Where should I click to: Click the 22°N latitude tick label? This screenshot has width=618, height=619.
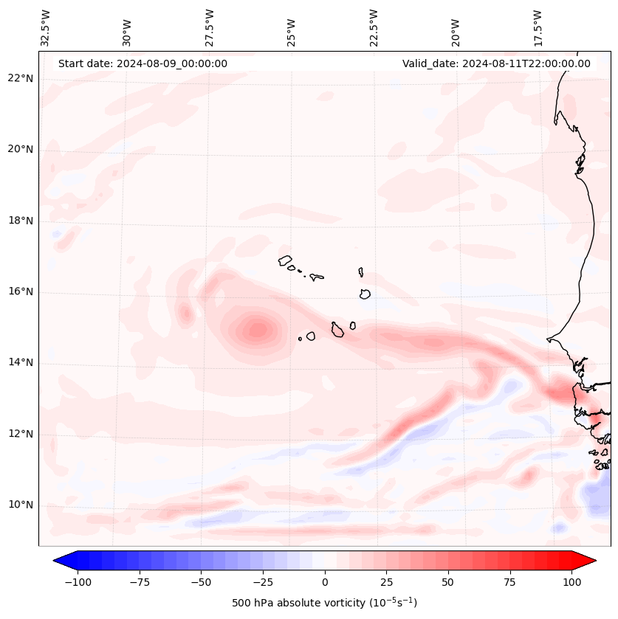click(x=21, y=78)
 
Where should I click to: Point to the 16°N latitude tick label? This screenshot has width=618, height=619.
click(x=21, y=291)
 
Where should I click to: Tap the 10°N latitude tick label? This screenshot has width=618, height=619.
click(x=21, y=505)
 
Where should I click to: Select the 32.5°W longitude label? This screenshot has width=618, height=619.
click(x=46, y=28)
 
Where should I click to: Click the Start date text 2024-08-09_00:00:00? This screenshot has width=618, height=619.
click(x=143, y=63)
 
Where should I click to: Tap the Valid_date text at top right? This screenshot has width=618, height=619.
click(x=496, y=63)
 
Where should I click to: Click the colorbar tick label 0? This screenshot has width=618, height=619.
click(x=325, y=582)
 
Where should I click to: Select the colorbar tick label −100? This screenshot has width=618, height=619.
click(x=78, y=582)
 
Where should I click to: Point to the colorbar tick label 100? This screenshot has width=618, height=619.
click(x=572, y=582)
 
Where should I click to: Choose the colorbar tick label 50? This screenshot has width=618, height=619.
click(x=448, y=582)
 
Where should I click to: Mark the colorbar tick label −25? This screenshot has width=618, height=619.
click(x=263, y=582)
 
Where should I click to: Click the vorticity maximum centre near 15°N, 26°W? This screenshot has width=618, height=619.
click(x=258, y=329)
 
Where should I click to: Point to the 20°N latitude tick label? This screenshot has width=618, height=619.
click(x=21, y=149)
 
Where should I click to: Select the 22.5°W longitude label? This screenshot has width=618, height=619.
click(x=374, y=28)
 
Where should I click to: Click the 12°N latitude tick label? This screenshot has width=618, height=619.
click(x=21, y=434)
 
